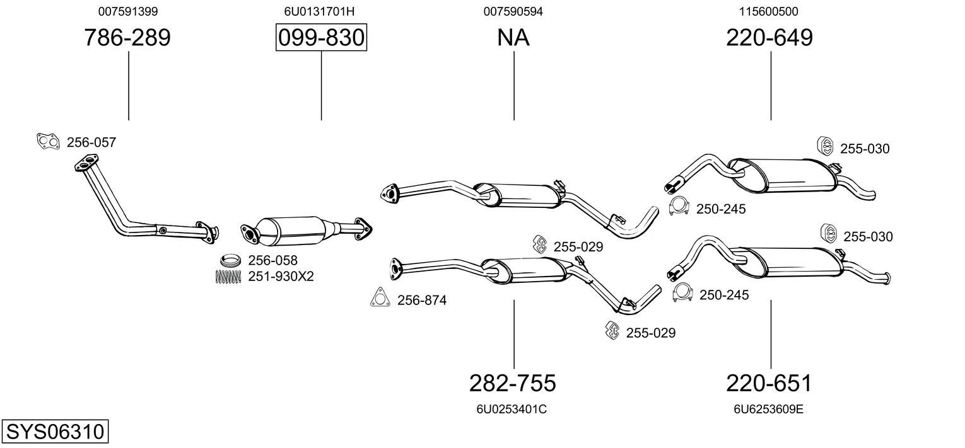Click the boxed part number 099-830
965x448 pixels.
point(321,38)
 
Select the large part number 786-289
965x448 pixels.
point(127,38)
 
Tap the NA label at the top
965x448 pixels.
point(513,38)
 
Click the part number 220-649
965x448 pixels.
point(769,38)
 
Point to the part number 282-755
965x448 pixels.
point(513,382)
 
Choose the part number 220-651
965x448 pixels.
point(769,382)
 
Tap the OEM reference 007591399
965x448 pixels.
point(128,11)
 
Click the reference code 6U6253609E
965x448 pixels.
point(768,409)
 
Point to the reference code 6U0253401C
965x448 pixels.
point(512,409)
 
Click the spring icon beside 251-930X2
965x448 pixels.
point(228,276)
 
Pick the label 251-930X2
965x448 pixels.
point(281,277)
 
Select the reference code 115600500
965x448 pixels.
point(769,11)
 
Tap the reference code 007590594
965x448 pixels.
point(513,11)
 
